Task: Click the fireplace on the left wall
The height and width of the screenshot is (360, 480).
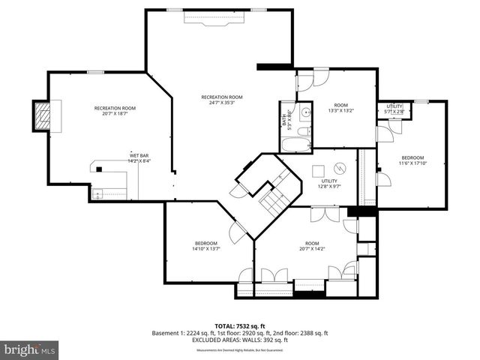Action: tap(43, 116)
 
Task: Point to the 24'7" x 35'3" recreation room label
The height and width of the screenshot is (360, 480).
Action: tap(222, 100)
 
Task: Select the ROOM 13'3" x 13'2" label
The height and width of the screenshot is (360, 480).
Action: tap(341, 108)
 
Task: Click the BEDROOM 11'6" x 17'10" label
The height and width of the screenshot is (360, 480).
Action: tap(412, 160)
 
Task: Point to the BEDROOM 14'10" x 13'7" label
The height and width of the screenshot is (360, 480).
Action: tap(206, 246)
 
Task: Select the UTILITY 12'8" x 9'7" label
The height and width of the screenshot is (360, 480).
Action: tap(330, 184)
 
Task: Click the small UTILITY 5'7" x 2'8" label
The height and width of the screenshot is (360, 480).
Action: tap(394, 109)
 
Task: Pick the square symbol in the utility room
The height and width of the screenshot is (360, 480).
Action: tap(318, 169)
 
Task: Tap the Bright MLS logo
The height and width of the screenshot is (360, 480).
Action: tap(30, 349)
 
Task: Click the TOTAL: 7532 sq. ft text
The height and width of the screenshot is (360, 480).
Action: tap(240, 325)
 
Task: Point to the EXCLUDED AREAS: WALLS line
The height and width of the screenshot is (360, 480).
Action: tap(240, 340)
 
